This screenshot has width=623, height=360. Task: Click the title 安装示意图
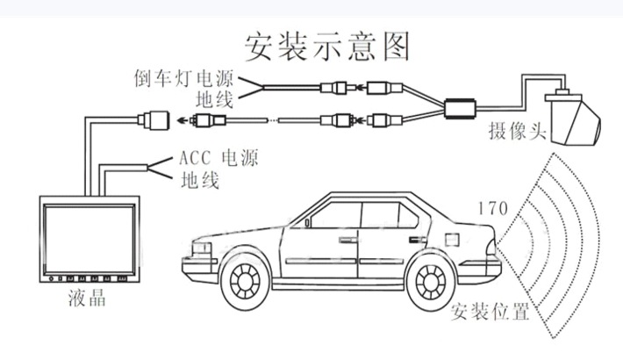327,45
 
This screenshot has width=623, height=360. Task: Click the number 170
492,209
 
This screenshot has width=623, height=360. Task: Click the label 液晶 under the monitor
87,299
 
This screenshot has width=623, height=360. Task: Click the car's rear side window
412,213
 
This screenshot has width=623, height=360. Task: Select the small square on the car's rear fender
453,239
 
